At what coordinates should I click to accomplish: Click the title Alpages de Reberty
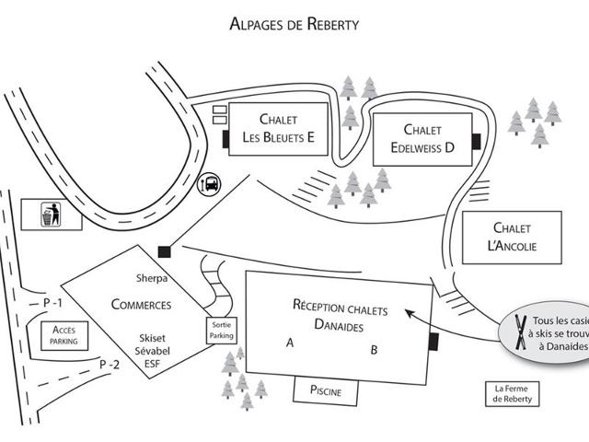[x=294, y=24]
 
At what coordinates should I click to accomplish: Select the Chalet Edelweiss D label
[x=422, y=138]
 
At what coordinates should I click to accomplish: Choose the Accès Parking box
[x=64, y=335]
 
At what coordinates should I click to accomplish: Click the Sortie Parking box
[x=221, y=331]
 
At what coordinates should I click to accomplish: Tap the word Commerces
[x=141, y=305]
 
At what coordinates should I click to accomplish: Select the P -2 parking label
[x=110, y=365]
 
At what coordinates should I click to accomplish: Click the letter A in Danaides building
[x=289, y=343]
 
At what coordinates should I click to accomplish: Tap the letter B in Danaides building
[x=375, y=350]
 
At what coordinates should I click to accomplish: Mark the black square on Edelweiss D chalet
[x=476, y=140]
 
